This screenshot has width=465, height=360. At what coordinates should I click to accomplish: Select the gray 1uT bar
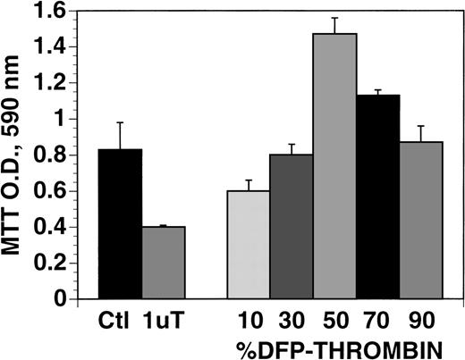(x=163, y=263)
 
